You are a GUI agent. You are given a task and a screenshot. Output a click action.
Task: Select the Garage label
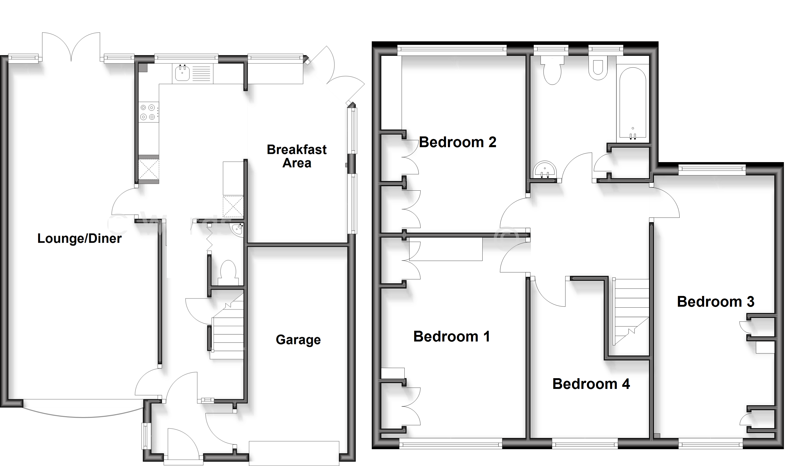point(298,340)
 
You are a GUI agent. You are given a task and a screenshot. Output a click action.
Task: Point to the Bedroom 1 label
point(451,337)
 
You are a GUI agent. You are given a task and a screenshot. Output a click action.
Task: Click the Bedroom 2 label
point(458,142)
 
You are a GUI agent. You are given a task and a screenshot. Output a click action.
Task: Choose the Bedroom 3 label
point(716,302)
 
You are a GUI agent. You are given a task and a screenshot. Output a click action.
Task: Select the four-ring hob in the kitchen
point(148,112)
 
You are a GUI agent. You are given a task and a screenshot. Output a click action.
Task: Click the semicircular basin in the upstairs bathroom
point(545,170)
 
